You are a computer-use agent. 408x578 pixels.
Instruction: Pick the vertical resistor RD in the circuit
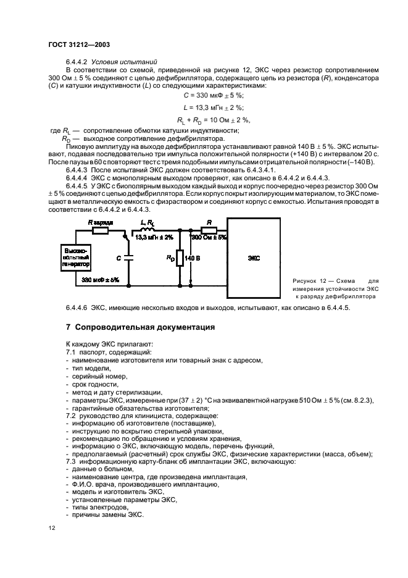pyautogui.click(x=179, y=258)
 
